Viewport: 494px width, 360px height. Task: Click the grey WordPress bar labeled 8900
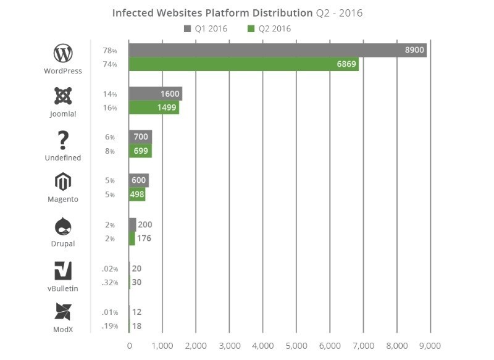pos(277,50)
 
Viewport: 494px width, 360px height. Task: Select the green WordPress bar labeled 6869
pos(243,64)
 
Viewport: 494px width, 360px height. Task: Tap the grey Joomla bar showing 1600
pos(155,94)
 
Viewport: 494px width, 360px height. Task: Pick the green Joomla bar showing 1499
pos(153,108)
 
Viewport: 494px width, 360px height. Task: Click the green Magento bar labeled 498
pos(136,195)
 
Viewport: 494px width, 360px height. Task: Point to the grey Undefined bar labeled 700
pos(140,137)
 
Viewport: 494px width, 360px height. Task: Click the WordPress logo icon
pos(63,53)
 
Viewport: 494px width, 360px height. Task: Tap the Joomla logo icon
pos(63,96)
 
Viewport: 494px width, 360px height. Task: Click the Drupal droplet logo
pos(63,226)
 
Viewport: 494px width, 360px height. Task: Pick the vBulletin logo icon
pos(63,270)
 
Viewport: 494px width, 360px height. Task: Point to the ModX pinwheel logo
pos(63,312)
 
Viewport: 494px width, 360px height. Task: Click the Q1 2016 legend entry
pos(206,28)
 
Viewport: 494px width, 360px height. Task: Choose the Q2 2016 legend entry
pos(269,28)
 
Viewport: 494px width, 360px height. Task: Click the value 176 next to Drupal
pos(144,238)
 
